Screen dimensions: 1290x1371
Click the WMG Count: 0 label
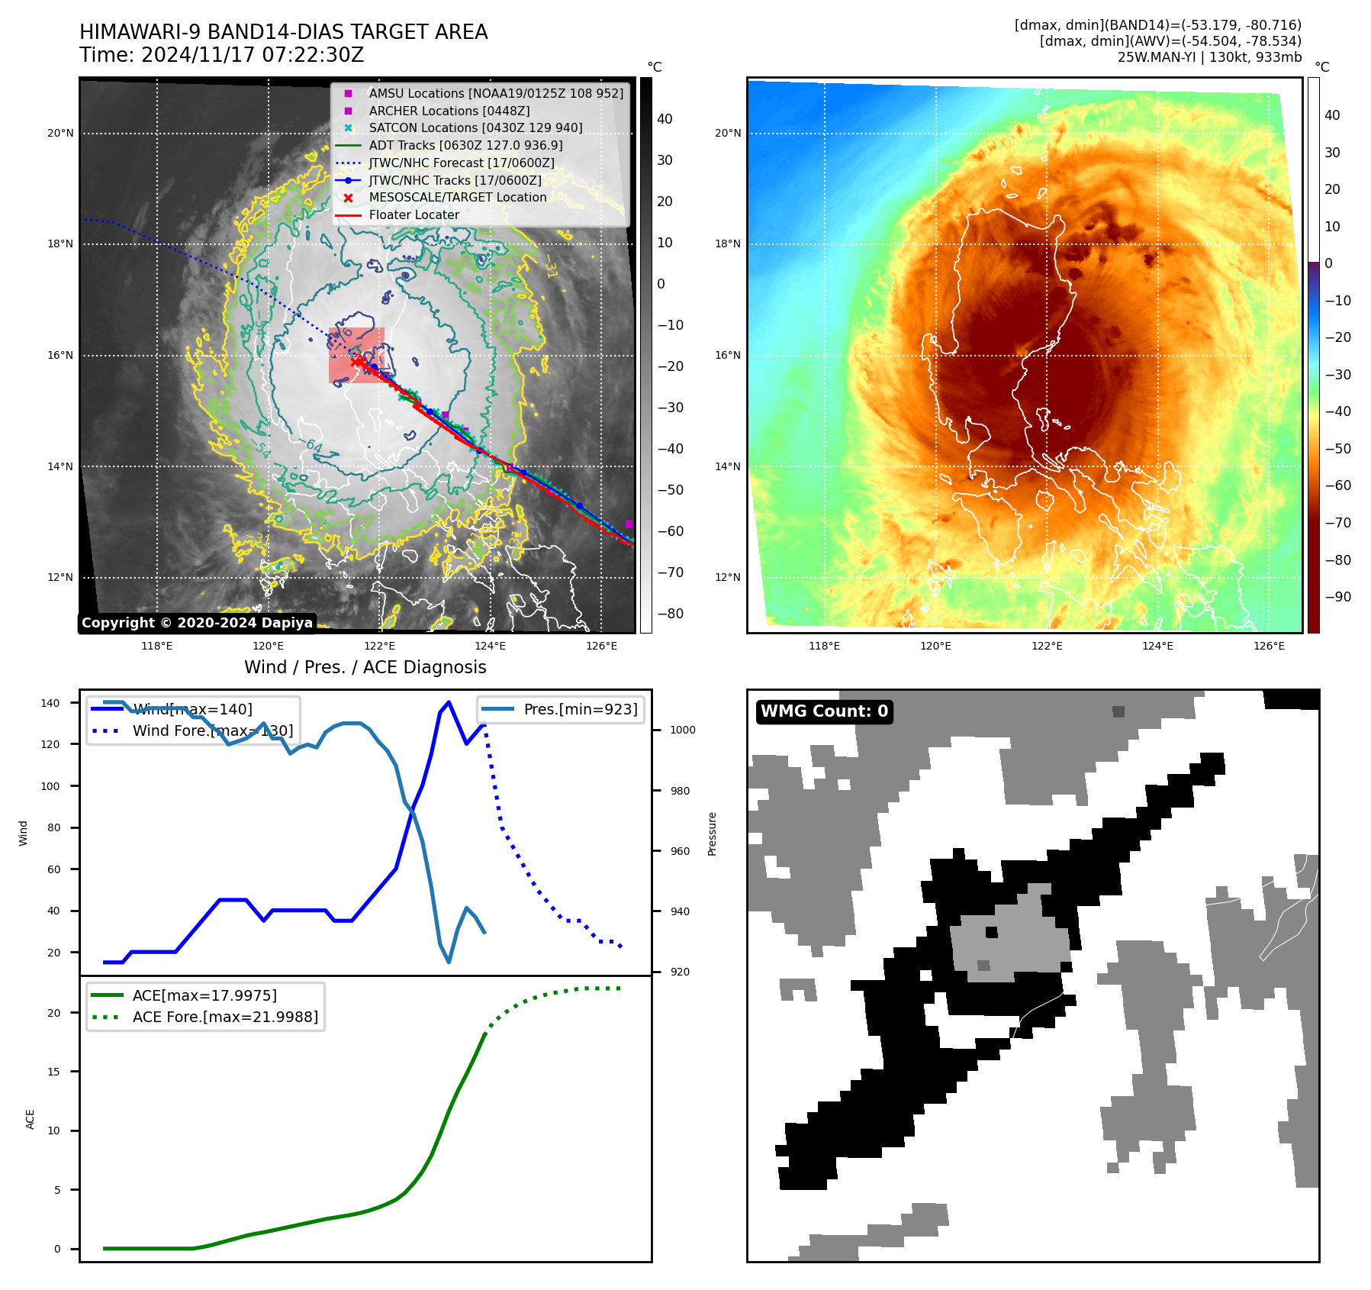824,711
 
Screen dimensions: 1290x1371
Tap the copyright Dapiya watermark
197,623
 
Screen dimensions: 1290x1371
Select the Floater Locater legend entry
414,215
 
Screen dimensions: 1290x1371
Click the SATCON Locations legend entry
475,128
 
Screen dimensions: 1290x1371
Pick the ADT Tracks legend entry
465,146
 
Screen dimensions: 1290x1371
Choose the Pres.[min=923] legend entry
580,710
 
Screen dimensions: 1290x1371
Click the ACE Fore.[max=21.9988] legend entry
225,1017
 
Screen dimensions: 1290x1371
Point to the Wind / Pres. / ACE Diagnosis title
365,667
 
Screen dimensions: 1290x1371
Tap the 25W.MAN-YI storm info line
1208,57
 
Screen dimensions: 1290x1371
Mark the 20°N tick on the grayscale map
61,134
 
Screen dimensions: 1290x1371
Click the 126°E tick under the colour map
1269,647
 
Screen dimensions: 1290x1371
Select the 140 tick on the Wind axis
50,703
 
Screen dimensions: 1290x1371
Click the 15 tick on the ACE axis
53,1072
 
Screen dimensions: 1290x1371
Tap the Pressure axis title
713,834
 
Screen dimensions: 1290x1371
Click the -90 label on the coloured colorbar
1337,597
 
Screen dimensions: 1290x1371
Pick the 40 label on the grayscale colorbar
665,119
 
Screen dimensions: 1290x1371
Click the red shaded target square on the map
356,355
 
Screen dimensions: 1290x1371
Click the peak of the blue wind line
449,702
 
